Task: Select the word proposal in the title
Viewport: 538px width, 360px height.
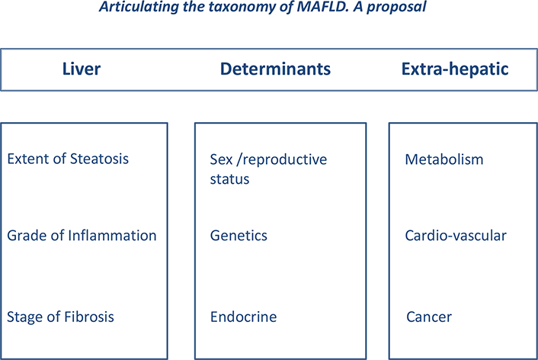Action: (x=396, y=7)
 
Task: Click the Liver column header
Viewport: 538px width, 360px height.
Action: (x=82, y=69)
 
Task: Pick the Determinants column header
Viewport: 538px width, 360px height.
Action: (x=275, y=69)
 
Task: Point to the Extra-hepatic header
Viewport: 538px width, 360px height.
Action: (x=455, y=69)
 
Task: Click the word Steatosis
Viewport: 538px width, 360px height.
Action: (x=99, y=159)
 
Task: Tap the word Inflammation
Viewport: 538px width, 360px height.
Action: (x=112, y=236)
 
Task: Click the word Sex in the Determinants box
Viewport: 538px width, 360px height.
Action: (x=221, y=159)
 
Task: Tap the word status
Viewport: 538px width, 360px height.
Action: (x=229, y=179)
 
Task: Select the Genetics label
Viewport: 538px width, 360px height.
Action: (x=239, y=236)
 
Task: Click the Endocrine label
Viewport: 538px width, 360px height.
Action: (x=243, y=317)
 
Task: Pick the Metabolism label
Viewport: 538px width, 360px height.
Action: (x=444, y=159)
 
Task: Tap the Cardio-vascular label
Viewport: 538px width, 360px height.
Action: (x=456, y=236)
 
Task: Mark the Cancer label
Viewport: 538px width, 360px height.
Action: (x=429, y=317)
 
